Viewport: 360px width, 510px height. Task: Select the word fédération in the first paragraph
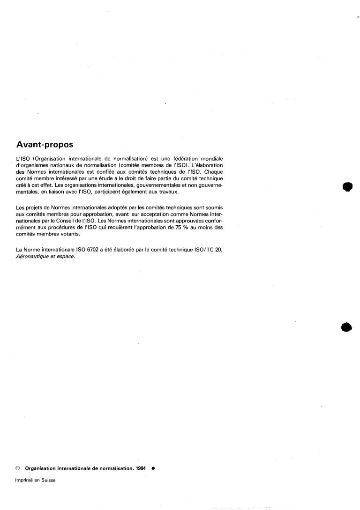(176, 159)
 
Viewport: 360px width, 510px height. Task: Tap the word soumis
(212, 207)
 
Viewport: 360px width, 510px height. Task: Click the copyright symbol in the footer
(18, 467)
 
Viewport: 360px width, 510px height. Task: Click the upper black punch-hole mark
(347, 186)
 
